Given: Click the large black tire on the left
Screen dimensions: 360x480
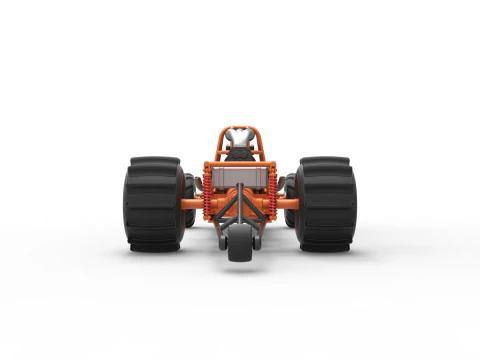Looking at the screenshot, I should click(x=153, y=204).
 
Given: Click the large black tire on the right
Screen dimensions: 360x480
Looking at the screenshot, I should click(x=326, y=204).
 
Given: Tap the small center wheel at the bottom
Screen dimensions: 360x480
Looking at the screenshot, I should click(x=240, y=243).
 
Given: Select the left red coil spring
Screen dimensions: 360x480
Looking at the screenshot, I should click(x=207, y=191).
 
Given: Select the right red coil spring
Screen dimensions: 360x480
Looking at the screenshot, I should click(x=272, y=191).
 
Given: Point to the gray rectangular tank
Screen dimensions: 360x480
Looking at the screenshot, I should click(x=240, y=177).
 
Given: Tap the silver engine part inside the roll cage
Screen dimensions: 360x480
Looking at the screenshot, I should click(x=240, y=138).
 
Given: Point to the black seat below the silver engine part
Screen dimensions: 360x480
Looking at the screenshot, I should click(x=240, y=153).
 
